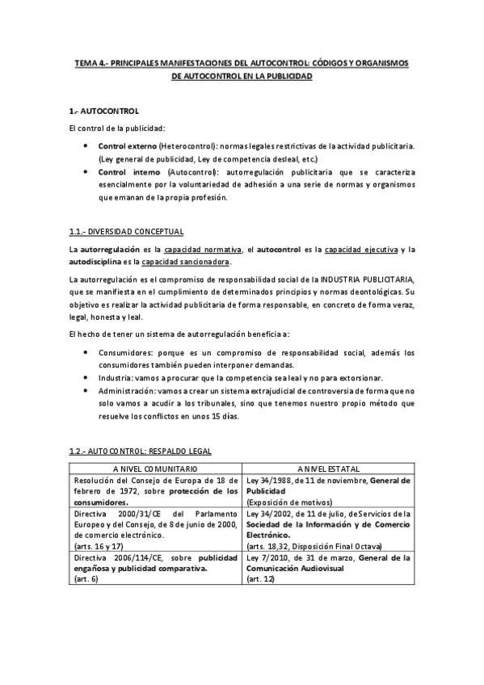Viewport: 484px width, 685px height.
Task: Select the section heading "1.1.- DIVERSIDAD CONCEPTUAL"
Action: pos(125,231)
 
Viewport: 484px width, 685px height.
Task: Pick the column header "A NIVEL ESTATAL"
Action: pos(328,469)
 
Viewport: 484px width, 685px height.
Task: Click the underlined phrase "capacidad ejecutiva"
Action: pos(370,250)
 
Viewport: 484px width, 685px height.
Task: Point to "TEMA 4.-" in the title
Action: pos(90,62)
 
